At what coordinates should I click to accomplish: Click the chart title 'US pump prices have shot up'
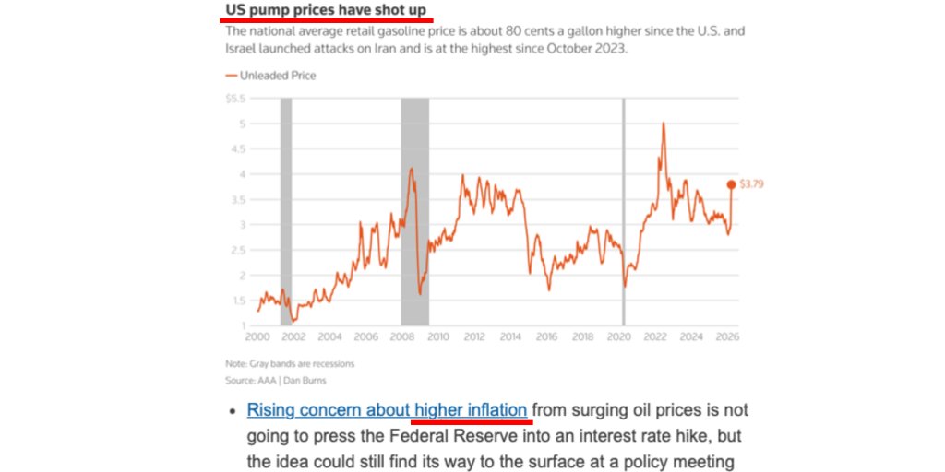click(x=326, y=10)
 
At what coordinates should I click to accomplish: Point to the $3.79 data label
click(x=751, y=183)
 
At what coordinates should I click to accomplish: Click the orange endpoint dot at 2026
click(x=733, y=183)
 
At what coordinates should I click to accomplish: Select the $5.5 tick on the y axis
click(x=235, y=98)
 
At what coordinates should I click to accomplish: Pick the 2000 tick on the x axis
click(x=257, y=337)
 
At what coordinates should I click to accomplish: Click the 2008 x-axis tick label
click(x=401, y=337)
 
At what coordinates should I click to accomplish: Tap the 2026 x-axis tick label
click(x=726, y=337)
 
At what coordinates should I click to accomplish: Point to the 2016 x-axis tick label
click(x=545, y=337)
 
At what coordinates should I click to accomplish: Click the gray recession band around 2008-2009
click(x=414, y=212)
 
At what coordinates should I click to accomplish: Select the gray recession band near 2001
click(x=286, y=212)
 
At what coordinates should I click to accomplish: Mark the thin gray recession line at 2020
click(x=624, y=212)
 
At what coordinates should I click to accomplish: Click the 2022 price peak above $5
click(x=663, y=124)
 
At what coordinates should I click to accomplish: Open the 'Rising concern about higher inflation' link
click(x=388, y=409)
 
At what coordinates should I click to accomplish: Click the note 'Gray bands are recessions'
click(x=289, y=363)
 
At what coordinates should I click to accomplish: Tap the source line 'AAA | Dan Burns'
click(x=275, y=380)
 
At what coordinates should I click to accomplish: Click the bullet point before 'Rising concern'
click(x=232, y=410)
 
